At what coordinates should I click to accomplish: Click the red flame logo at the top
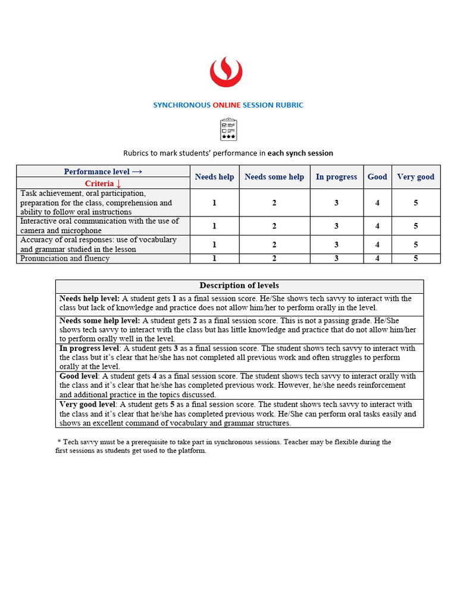coord(226,71)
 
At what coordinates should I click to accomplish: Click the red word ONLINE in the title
coord(227,105)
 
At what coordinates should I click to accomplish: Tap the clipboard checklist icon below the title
coord(228,129)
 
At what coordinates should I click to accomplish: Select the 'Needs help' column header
coord(214,177)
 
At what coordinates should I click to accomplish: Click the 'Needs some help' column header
coord(274,177)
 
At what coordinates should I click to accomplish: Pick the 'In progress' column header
coord(336,177)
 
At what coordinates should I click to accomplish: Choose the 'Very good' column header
coord(415,177)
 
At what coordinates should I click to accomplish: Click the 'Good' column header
coord(377,177)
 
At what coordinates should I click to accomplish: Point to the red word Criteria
coord(99,184)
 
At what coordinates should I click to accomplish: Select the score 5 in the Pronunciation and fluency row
coord(415,259)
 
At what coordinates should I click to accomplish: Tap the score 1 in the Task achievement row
coord(214,203)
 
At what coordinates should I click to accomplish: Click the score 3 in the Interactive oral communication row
coord(336,226)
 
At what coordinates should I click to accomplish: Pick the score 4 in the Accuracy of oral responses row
coord(377,244)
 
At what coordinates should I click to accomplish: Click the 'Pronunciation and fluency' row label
coord(65,259)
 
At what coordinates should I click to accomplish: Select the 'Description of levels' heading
coord(239,285)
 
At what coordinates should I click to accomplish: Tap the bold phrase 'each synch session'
coord(300,153)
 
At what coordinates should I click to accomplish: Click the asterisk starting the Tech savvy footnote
coord(59,442)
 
